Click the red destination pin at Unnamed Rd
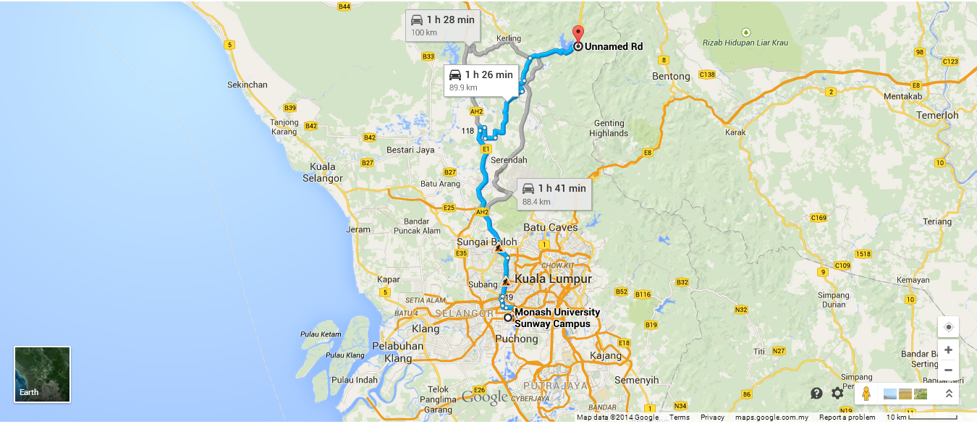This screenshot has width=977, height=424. (x=578, y=35)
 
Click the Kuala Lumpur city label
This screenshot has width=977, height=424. (x=553, y=279)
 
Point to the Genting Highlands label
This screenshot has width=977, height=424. (x=609, y=128)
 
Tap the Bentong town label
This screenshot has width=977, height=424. (x=671, y=76)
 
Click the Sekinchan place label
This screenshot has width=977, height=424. (x=248, y=85)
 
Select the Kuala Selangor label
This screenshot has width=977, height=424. (x=323, y=172)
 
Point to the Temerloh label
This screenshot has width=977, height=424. (x=936, y=115)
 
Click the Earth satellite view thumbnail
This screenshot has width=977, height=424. (x=43, y=374)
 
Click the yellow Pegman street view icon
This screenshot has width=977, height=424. (x=866, y=394)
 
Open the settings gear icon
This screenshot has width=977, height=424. (x=837, y=394)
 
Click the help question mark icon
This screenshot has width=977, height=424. (x=816, y=394)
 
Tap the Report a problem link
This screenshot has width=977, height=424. (x=847, y=417)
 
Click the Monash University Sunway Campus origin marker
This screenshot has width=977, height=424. (x=508, y=317)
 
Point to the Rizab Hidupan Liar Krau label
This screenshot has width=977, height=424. (x=745, y=43)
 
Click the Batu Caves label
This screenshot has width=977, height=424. (x=550, y=227)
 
